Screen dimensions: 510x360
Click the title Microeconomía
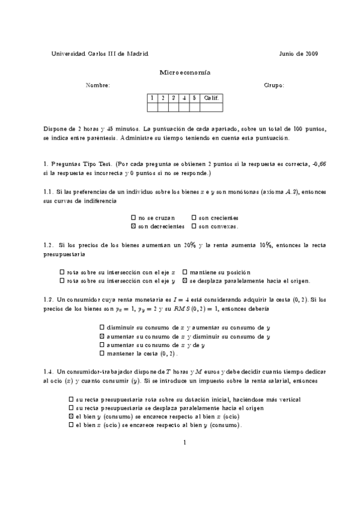point(185,72)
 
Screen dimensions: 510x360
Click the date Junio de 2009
point(299,54)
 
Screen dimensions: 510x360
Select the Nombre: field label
point(98,85)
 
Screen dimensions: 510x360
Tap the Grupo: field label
point(274,85)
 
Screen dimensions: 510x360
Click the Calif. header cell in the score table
point(211,97)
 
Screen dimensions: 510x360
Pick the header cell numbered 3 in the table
point(174,97)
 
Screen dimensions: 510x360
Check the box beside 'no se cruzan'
point(133,218)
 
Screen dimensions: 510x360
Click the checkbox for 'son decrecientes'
point(133,227)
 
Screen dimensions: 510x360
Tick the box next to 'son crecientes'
point(194,218)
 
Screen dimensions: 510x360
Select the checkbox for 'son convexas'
point(194,227)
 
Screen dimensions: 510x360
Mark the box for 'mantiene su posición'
point(185,271)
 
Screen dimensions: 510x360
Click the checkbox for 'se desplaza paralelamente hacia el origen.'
point(185,280)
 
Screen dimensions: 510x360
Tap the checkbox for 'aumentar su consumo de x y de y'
point(102,345)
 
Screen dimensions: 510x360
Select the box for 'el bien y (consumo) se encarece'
point(72,416)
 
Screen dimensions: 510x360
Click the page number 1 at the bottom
point(185,443)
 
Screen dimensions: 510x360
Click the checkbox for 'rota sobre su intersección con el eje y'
point(63,280)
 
